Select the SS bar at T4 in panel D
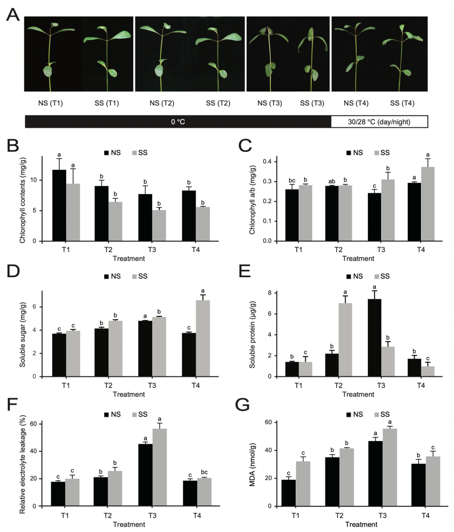click(203, 338)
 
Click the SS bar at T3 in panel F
click(160, 467)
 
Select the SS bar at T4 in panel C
click(428, 204)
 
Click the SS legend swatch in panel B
click(134, 153)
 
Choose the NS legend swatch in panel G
click(349, 414)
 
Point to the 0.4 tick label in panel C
click(267, 162)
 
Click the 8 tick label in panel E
click(270, 293)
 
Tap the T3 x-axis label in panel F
click(152, 515)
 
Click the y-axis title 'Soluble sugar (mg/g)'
click(23, 335)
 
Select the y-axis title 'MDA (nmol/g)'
click(252, 464)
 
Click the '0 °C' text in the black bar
click(178, 122)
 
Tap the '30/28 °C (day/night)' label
click(379, 122)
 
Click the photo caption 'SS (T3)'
click(312, 103)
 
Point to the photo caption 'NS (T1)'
click(50, 103)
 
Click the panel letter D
click(13, 271)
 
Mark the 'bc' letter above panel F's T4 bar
click(204, 472)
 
